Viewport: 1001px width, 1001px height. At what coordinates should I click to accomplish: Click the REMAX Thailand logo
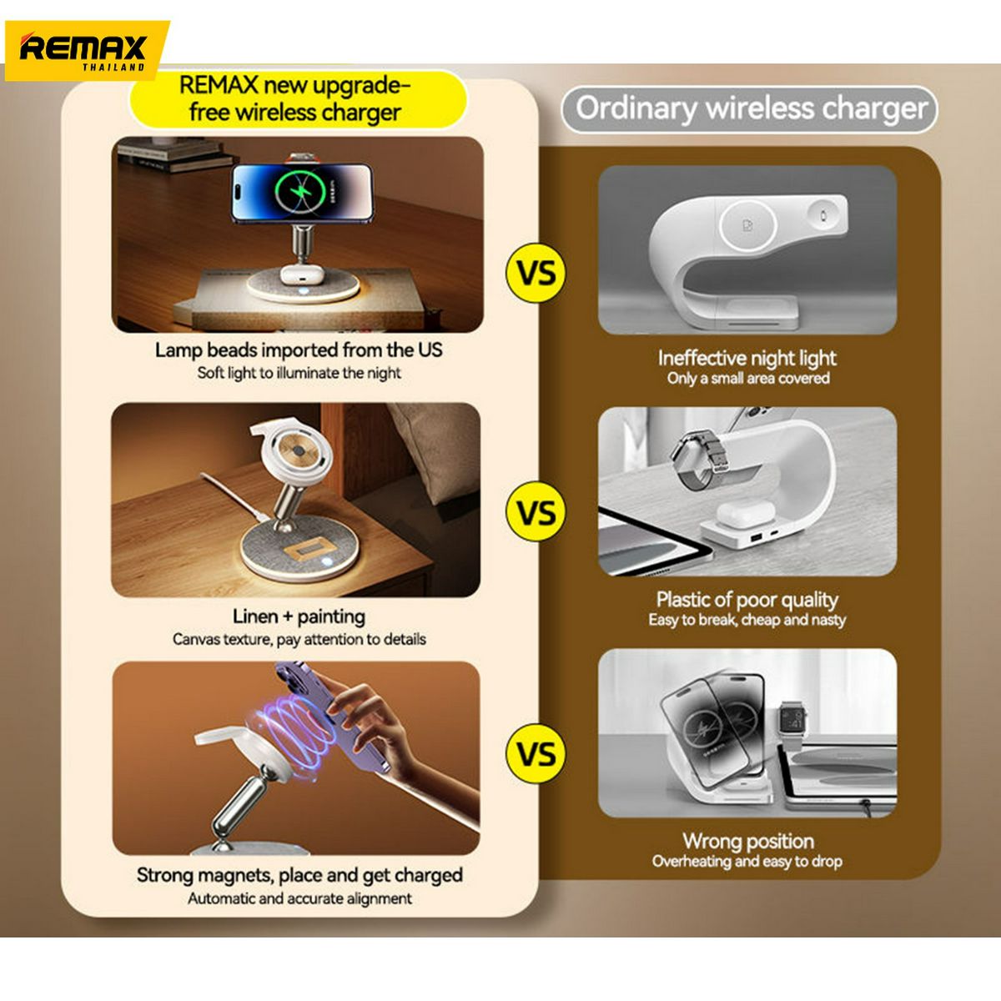pos(86,51)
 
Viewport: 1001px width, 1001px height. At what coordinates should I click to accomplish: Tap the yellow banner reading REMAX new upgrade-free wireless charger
pos(297,98)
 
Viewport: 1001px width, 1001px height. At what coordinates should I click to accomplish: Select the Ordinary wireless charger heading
pos(750,109)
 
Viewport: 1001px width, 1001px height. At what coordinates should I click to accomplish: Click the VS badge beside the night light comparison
pos(536,274)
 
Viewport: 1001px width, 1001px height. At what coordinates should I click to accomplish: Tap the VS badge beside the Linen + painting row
pos(536,511)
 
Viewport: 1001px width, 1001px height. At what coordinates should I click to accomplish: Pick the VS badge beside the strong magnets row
pos(536,754)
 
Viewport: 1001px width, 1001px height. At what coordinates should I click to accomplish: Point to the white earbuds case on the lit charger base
pos(299,274)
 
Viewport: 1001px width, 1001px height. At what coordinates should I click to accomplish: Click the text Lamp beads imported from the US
pos(299,350)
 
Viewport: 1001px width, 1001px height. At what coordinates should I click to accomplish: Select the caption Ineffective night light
pos(747,358)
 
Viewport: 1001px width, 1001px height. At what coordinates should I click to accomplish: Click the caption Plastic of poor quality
pos(747,600)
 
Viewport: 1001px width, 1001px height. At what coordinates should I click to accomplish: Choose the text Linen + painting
pos(299,616)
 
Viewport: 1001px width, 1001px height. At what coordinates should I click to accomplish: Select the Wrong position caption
pos(748,841)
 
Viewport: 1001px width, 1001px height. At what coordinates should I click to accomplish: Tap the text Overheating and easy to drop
pos(747,861)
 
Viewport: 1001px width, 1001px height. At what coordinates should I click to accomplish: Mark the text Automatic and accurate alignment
pos(299,898)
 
